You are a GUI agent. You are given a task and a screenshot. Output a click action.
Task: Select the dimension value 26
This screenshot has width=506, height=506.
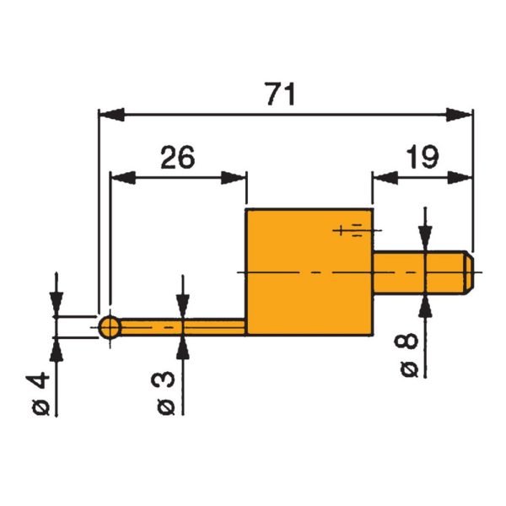[178, 158]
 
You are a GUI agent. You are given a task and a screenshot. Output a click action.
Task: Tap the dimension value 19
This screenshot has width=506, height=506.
[420, 158]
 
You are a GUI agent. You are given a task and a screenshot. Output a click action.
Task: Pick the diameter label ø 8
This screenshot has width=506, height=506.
[407, 354]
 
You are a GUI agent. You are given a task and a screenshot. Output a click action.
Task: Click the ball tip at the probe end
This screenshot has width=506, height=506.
[109, 326]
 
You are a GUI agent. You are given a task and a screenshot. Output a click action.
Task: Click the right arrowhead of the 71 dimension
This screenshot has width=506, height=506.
[459, 114]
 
